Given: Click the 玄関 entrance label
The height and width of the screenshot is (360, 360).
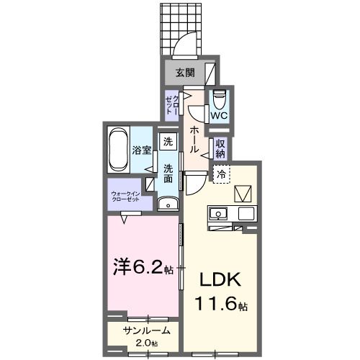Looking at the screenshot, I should (x=185, y=72).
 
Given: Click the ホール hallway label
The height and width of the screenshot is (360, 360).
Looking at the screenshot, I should (x=194, y=139).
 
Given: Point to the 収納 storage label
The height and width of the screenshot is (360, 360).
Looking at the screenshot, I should (x=220, y=148).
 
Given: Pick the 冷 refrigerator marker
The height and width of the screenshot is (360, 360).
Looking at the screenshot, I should (x=221, y=174).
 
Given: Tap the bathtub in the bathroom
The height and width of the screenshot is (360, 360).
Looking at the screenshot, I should (x=118, y=150).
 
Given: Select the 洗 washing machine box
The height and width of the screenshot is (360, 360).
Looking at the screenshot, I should (x=167, y=141).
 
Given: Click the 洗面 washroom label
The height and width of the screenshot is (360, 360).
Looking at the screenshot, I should (x=168, y=174).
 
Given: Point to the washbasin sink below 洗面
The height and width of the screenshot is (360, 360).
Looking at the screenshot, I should (x=168, y=204).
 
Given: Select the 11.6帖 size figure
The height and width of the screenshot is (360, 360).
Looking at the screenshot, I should (x=220, y=305).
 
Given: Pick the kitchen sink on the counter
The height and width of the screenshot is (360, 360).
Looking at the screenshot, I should (x=218, y=213).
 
